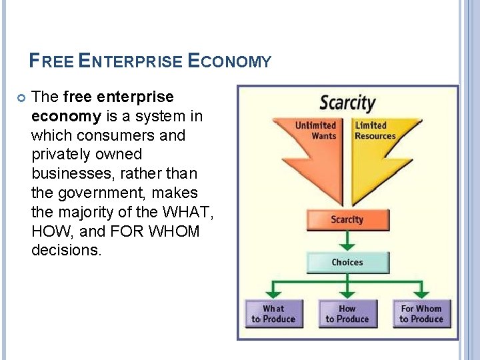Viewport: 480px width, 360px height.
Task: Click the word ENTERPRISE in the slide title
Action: [129, 62]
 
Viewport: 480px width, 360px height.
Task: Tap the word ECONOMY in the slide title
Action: [229, 62]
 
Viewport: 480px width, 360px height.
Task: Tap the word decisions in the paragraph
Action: [67, 251]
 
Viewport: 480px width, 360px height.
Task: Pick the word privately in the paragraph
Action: [61, 155]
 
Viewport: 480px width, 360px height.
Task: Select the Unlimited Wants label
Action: [315, 131]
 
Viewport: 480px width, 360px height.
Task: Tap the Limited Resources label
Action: [375, 131]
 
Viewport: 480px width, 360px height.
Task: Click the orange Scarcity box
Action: [347, 220]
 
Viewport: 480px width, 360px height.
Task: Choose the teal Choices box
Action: [347, 262]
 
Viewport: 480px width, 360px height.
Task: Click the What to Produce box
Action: [273, 313]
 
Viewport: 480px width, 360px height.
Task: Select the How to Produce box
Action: [347, 313]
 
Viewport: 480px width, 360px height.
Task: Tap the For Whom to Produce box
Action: [421, 313]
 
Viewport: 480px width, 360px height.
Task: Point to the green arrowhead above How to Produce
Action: [347, 293]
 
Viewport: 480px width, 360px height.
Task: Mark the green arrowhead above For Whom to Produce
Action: [421, 293]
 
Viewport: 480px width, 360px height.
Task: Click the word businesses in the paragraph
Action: [73, 174]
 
